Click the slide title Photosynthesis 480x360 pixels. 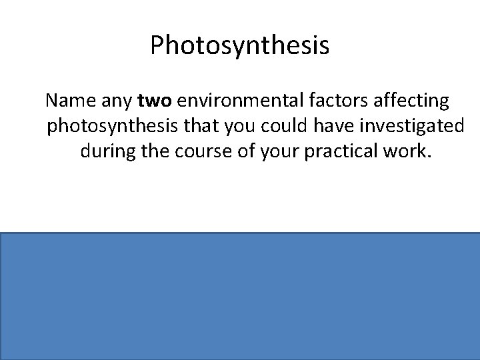pos(239,46)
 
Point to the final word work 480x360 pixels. pos(412,151)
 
